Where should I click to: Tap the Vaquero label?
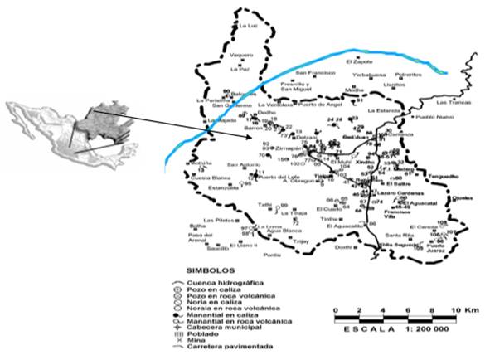(x=240, y=55)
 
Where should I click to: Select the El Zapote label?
(x=357, y=61)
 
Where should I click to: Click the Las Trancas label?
(x=452, y=103)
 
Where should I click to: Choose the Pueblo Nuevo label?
(x=434, y=118)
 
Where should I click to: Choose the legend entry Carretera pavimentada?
(x=236, y=343)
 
